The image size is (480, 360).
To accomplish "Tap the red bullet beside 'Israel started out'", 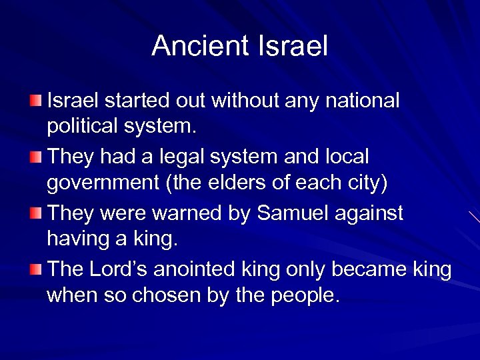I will coord(35,101).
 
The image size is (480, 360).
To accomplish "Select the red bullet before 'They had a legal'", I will coord(35,157).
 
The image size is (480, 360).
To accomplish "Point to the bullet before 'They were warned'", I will coord(35,213).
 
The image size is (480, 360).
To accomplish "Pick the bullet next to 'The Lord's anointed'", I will coord(35,269).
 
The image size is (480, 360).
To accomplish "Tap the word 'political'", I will coord(85,126).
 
